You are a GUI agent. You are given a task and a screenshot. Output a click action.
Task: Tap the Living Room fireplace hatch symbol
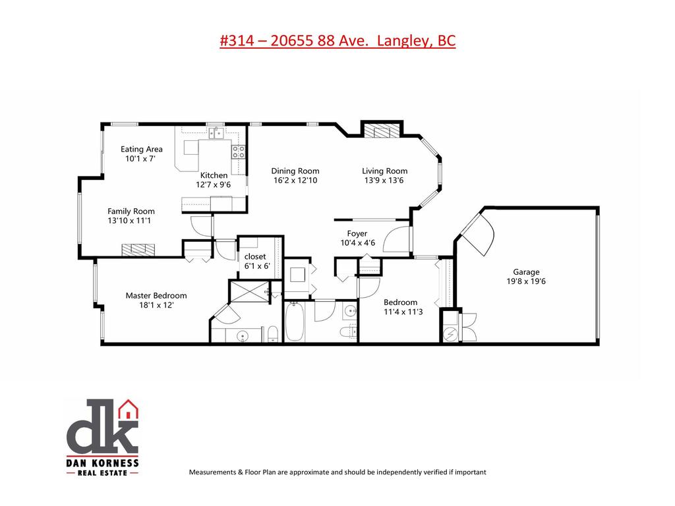(382, 130)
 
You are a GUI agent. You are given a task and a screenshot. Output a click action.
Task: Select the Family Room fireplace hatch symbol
(138, 249)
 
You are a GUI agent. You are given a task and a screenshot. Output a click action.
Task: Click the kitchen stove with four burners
(238, 152)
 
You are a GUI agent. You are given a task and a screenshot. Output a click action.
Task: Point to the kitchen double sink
(215, 133)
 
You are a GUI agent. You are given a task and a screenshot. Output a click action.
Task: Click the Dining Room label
(296, 171)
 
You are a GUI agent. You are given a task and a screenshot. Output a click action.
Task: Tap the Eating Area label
(141, 149)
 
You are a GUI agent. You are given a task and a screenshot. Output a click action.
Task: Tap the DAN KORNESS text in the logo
(102, 463)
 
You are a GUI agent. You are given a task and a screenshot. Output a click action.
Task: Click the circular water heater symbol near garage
(452, 334)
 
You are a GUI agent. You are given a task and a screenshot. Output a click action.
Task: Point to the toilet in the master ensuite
(271, 333)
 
